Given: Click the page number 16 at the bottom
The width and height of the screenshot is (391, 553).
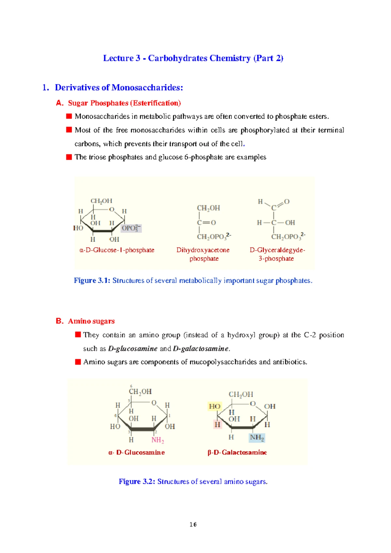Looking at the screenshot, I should point(193,524).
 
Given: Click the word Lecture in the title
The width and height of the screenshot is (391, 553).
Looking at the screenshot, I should point(118,58).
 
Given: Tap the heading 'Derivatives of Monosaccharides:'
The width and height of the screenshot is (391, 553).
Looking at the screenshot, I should point(119,87).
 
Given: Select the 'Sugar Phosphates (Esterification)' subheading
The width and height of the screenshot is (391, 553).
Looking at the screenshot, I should point(124,103).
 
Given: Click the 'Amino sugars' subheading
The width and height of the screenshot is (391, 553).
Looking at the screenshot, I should point(91,321).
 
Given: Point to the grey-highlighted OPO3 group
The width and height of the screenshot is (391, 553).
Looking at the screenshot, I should point(131,228).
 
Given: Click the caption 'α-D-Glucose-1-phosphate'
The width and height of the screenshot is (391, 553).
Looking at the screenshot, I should point(117,250).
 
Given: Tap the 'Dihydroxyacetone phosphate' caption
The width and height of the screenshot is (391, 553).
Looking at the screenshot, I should point(203,254).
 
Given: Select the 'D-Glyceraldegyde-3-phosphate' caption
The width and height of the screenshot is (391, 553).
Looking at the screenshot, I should point(277,254).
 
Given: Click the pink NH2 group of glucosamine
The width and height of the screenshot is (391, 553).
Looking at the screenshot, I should point(158,440).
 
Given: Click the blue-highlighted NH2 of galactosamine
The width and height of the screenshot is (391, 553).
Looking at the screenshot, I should point(257,438).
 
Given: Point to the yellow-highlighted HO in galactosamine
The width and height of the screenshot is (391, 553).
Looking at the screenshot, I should point(214,406).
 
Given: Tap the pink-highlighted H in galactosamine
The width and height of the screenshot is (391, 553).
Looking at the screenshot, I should point(217,425).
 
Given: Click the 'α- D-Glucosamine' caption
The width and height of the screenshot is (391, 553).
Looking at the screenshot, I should point(137,452).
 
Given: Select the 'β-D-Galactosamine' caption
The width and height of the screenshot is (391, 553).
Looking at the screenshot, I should point(237,452).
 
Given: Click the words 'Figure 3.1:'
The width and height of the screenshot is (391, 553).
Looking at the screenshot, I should point(92,280).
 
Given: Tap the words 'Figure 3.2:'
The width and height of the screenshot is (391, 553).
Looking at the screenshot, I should point(137,482).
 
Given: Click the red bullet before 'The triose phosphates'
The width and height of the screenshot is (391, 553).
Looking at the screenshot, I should point(69,157).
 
